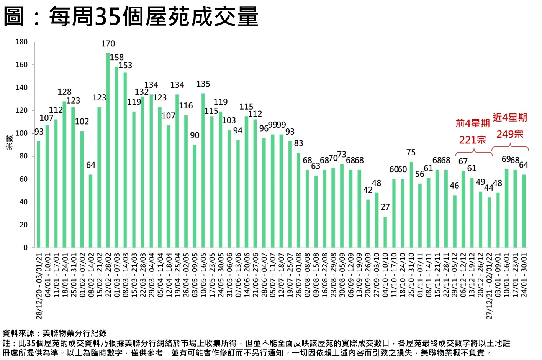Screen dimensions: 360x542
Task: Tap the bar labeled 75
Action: pyautogui.click(x=411, y=205)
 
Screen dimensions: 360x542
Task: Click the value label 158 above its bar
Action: pyautogui.click(x=116, y=58)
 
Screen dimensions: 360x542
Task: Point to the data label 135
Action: pyautogui.click(x=203, y=84)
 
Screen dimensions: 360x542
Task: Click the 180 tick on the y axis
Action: pyautogui.click(x=21, y=42)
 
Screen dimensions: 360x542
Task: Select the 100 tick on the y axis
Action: pyautogui.click(x=21, y=133)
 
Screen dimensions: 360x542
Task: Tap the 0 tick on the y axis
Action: pyautogui.click(x=25, y=248)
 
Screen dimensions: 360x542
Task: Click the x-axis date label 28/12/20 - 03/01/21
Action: pyautogui.click(x=39, y=286)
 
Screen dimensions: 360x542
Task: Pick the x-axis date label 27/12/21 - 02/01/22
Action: pyautogui.click(x=489, y=286)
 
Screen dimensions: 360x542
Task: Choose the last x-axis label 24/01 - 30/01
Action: pyautogui.click(x=524, y=274)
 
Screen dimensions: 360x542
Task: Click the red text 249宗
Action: pyautogui.click(x=510, y=134)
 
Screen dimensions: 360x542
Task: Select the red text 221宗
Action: pyautogui.click(x=473, y=140)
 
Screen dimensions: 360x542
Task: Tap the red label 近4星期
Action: pyautogui.click(x=510, y=117)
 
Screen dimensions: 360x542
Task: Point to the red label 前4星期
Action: pyautogui.click(x=473, y=123)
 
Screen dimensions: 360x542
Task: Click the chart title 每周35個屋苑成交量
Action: pyautogui.click(x=153, y=16)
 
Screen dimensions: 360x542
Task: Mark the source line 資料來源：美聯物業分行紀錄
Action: pyautogui.click(x=54, y=333)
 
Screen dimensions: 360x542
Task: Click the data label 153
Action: pyautogui.click(x=125, y=66)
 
